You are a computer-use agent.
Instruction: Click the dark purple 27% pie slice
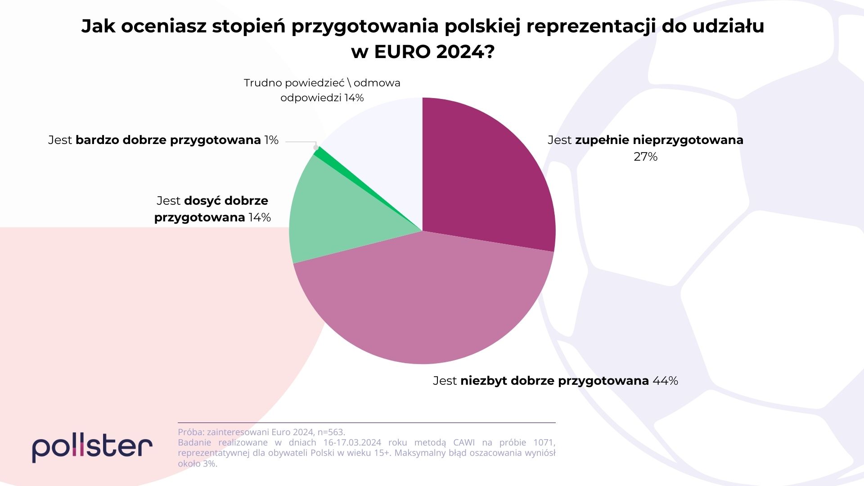[486, 180]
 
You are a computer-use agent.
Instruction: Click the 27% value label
[645, 157]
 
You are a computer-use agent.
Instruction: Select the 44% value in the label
[665, 381]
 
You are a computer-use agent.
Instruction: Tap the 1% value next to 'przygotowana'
[271, 140]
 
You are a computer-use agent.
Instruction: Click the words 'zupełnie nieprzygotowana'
[659, 140]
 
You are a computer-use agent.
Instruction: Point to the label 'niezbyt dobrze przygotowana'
[554, 381]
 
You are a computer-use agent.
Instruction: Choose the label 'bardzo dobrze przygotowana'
[168, 140]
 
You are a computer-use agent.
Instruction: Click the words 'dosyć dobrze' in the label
[226, 201]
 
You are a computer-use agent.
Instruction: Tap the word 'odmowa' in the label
[377, 83]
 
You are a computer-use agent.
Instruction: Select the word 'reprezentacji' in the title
[590, 26]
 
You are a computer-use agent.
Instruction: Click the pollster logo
[92, 447]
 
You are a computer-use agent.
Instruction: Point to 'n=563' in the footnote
[331, 432]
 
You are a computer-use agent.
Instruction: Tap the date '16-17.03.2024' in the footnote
[352, 442]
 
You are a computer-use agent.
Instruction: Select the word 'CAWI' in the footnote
[464, 442]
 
